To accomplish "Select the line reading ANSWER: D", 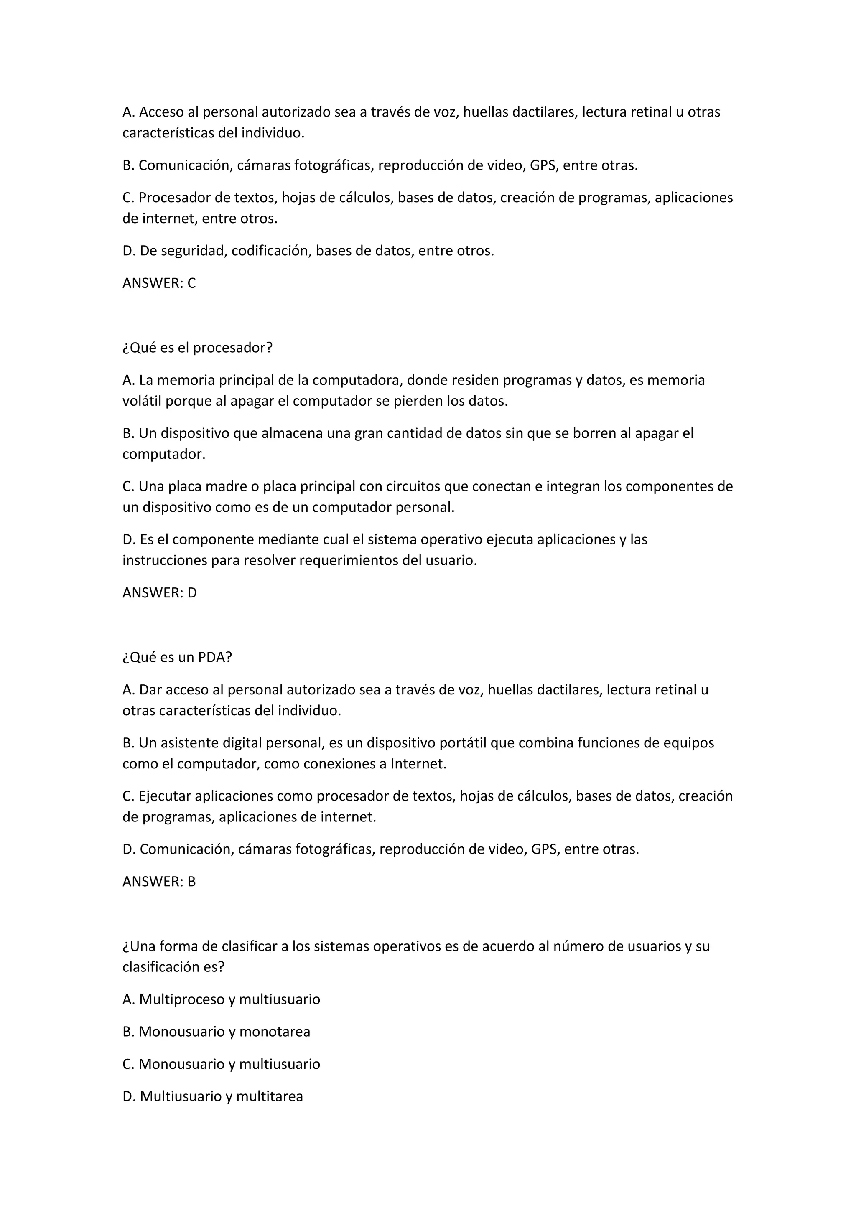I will coord(159,593).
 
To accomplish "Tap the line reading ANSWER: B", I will coord(159,882).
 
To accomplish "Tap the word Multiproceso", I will coord(181,1000).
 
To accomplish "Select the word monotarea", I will coord(275,1032).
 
